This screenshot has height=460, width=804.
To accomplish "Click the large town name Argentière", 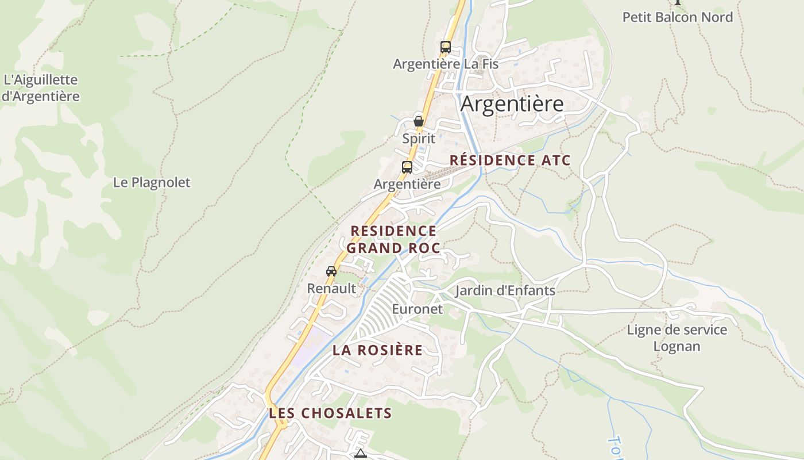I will click(512, 104).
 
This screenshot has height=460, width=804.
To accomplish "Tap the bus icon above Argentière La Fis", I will click(446, 47).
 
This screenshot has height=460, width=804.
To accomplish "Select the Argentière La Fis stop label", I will click(446, 64).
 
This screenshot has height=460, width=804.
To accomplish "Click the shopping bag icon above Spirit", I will click(419, 121).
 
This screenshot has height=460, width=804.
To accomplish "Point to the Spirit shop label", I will click(419, 139).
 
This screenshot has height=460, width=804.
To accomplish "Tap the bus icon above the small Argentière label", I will click(407, 167).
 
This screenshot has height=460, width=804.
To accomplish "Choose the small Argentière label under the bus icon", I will click(407, 184).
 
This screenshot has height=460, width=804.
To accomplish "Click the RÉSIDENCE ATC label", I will click(510, 160).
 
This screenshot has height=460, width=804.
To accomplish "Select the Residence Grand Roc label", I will click(393, 239).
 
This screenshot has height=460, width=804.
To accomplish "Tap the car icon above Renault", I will click(331, 271).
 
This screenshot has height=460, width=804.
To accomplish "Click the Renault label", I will click(331, 288).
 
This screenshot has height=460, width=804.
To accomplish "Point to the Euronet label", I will click(418, 309).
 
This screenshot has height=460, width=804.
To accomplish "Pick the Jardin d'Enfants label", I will click(505, 290).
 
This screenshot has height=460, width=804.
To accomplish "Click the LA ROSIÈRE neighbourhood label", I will click(377, 350).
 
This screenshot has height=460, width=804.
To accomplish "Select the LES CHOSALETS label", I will click(330, 413).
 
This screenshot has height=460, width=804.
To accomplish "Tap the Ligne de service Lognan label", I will click(677, 338).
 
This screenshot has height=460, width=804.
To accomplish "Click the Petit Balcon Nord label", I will click(678, 17).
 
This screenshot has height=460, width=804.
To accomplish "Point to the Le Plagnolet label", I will click(152, 183).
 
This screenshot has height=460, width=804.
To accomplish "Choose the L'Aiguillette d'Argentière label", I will click(40, 88).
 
